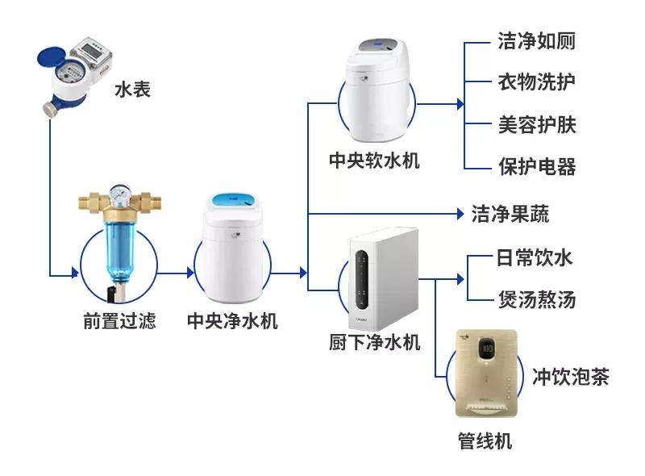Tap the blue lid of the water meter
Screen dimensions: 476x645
click(55, 58)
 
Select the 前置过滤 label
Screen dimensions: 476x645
click(119, 321)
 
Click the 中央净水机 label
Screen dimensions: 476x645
click(232, 321)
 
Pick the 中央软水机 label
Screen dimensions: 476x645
click(375, 160)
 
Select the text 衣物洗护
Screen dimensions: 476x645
click(536, 82)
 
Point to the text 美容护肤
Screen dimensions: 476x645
click(536, 125)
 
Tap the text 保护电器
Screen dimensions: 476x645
click(536, 167)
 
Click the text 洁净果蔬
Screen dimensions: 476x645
click(510, 214)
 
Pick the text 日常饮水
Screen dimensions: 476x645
click(534, 258)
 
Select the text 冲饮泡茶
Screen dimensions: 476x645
click(570, 377)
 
